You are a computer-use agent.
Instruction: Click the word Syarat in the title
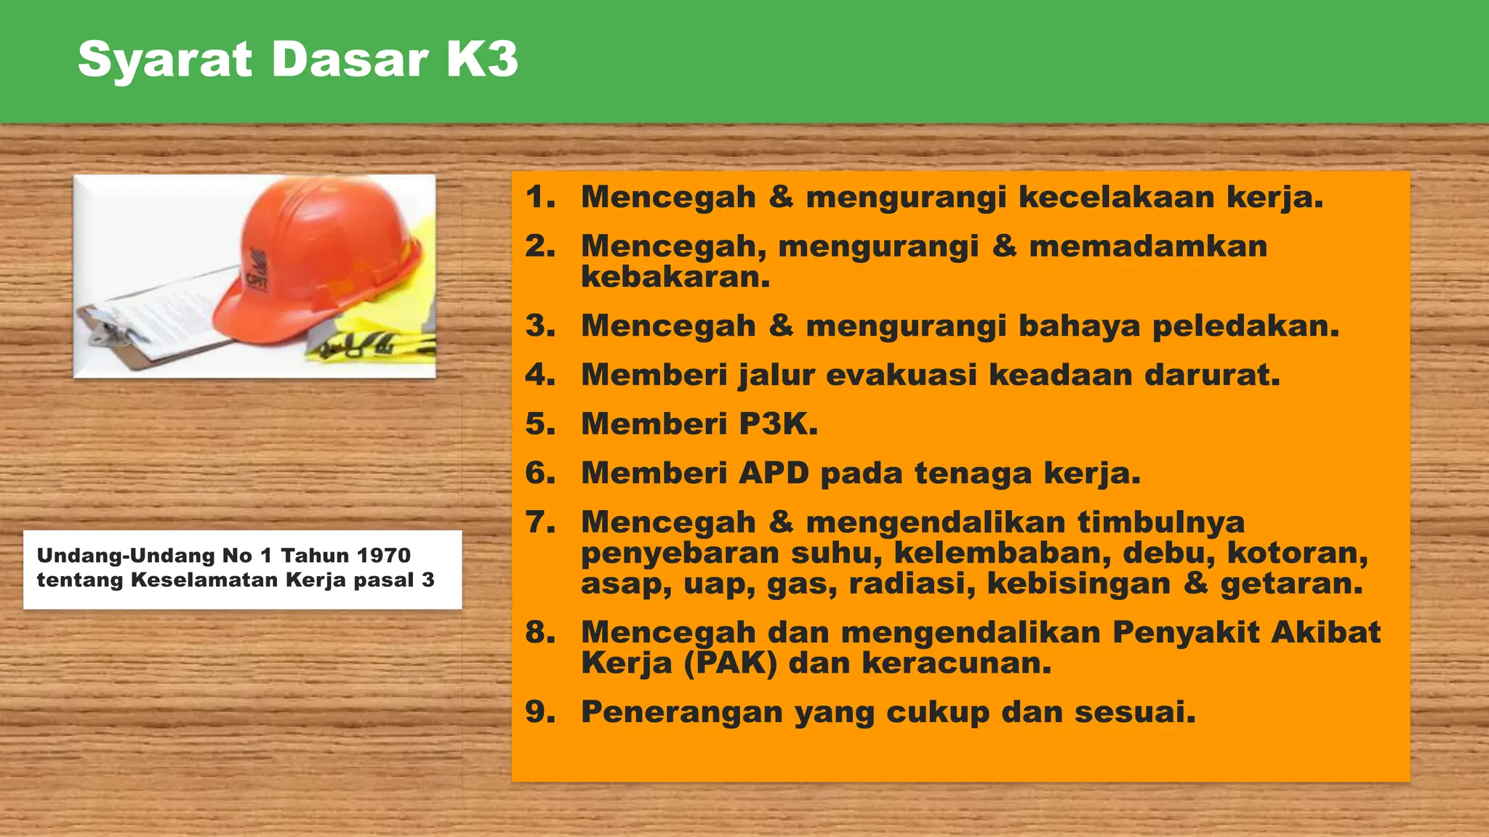tap(165, 60)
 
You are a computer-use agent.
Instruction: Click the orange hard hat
tap(327, 254)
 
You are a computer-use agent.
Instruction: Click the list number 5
tap(539, 424)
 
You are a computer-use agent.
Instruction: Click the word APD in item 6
tap(774, 474)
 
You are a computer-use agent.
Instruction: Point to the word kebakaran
tap(675, 278)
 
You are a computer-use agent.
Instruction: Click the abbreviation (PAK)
tap(731, 663)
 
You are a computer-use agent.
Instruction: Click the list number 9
tap(539, 712)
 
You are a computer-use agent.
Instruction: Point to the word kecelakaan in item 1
tap(1117, 198)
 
